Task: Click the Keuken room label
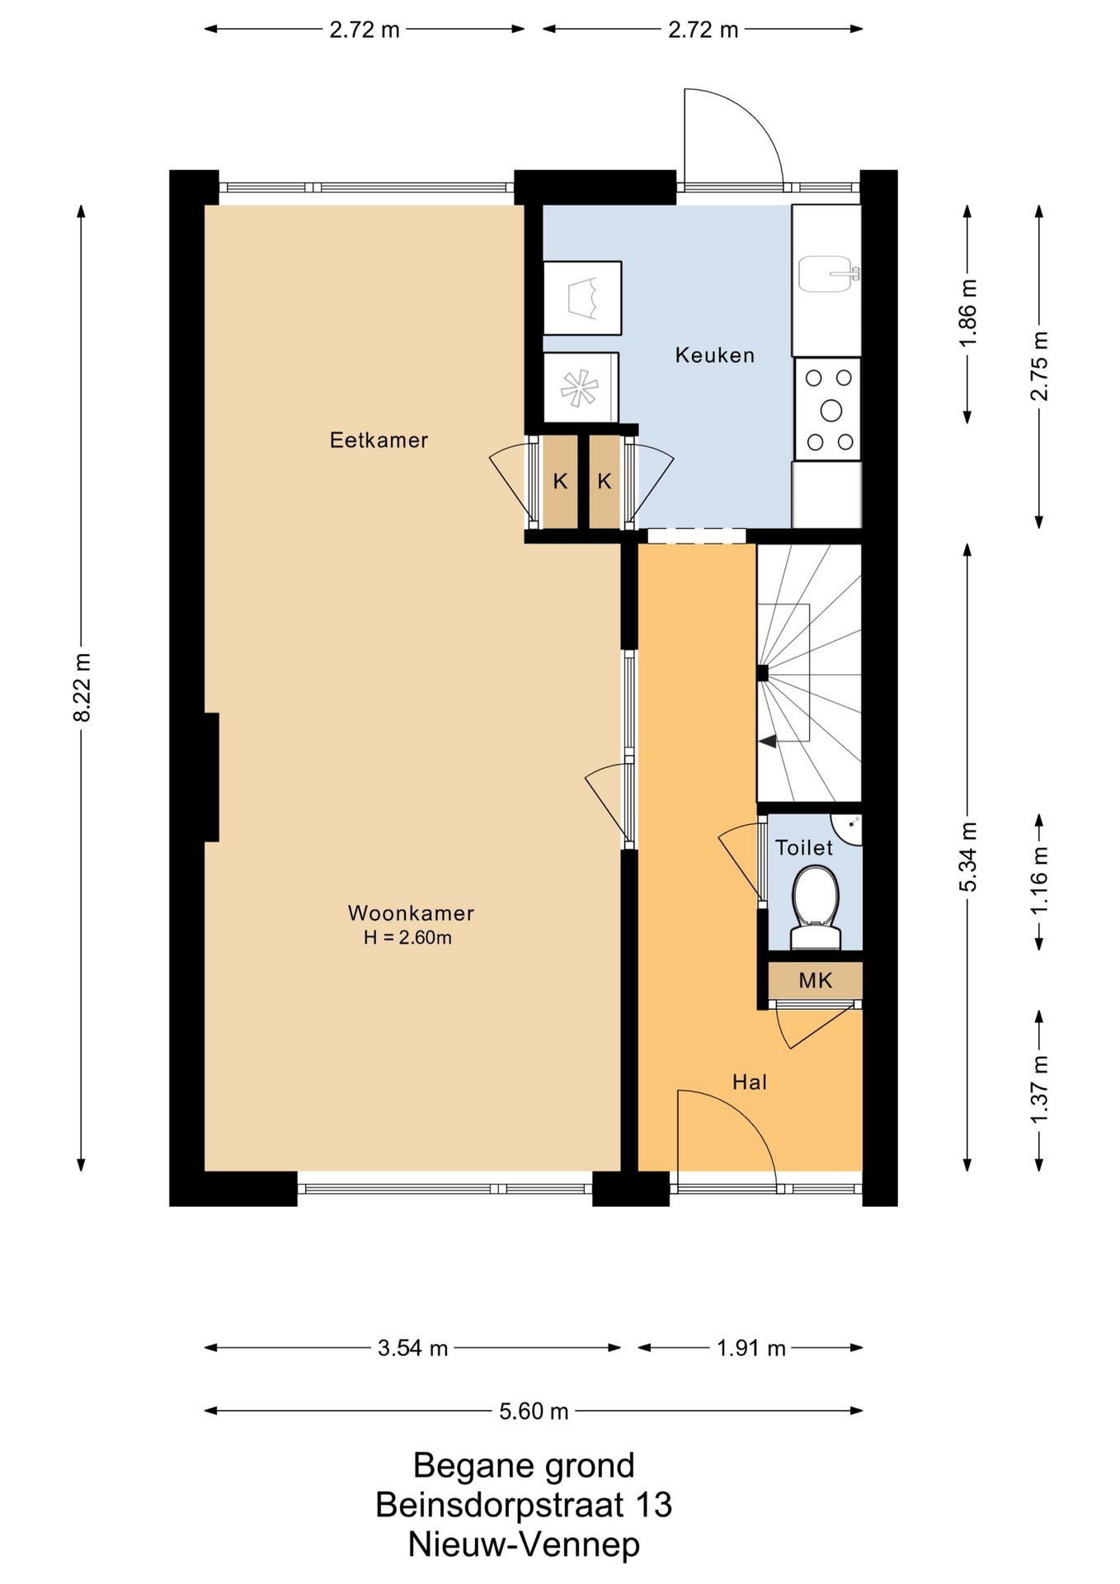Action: coord(714,356)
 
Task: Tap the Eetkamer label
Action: coord(379,441)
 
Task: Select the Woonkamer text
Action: coord(411,913)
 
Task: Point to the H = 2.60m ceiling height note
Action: coord(407,938)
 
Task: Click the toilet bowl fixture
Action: coord(815,905)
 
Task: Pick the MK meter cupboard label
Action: coord(815,981)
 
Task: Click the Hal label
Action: coord(750,1082)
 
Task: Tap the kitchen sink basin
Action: coord(826,274)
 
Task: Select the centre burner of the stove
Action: coord(831,410)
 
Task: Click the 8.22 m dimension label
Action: coord(82,686)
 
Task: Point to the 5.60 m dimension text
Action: coord(534,1412)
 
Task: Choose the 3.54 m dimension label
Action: coord(412,1349)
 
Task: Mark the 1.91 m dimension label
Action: coord(751,1349)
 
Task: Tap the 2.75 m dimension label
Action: coord(1039,365)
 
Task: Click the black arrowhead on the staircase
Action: coord(768,742)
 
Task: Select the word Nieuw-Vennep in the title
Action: coord(524,1544)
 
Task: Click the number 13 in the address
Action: coord(653,1505)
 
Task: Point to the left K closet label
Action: coord(560,482)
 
